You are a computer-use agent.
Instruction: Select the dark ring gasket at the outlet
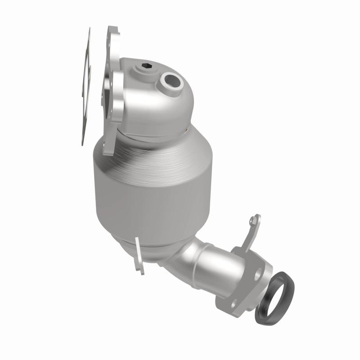click(x=274, y=297)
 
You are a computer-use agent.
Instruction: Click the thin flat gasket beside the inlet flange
click(x=85, y=85)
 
